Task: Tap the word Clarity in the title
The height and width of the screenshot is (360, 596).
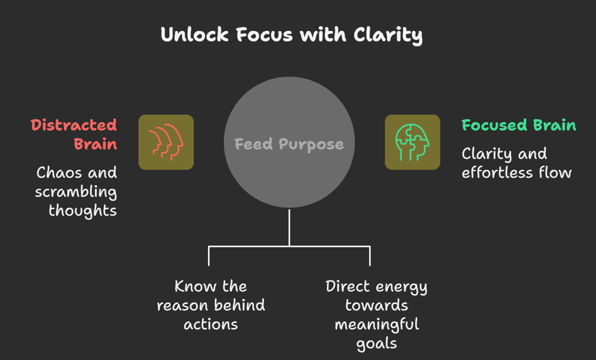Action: click(x=389, y=35)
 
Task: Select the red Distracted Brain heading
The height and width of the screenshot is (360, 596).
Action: click(x=74, y=134)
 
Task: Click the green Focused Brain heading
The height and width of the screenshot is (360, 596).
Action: click(x=519, y=125)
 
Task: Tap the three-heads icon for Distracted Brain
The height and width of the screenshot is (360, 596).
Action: click(x=166, y=142)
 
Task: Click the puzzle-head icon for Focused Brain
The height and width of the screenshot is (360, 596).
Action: click(x=412, y=142)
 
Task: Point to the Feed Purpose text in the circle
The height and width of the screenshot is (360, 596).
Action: click(x=289, y=145)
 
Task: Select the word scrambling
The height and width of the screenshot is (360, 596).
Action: click(x=76, y=192)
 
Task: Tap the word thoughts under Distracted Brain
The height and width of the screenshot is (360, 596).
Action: click(x=82, y=210)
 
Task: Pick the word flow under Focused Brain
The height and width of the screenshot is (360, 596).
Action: click(x=553, y=173)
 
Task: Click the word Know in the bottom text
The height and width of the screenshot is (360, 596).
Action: click(x=192, y=286)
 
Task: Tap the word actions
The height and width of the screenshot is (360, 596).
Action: click(x=211, y=325)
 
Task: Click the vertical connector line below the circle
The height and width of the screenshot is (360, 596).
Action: click(x=289, y=227)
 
